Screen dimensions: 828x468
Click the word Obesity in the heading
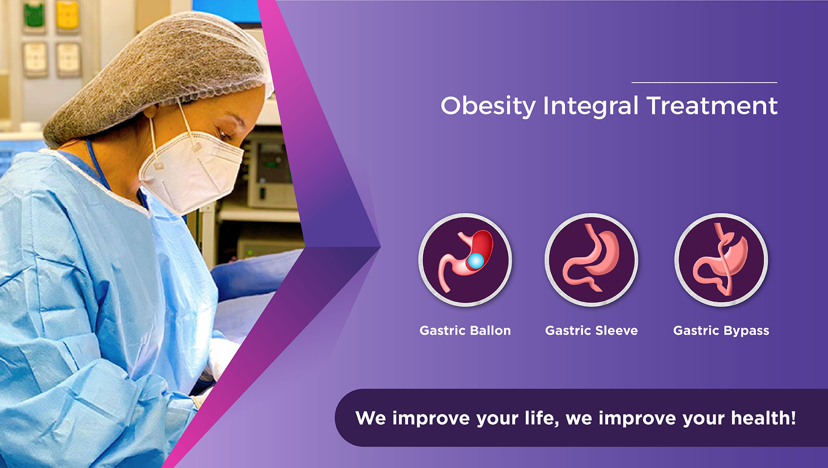tap(489, 106)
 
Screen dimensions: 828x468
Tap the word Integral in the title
tap(591, 107)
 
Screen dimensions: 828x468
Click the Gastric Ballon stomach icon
tap(465, 260)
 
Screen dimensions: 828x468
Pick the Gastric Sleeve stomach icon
tap(592, 260)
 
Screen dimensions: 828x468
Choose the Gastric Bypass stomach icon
tap(721, 260)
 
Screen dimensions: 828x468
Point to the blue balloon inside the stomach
tap(476, 261)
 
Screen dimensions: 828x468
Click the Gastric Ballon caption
tap(465, 331)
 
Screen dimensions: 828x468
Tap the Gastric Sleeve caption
tap(592, 331)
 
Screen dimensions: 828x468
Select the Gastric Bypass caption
tap(721, 331)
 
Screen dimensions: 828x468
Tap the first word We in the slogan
tap(371, 418)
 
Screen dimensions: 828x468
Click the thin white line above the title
tap(704, 82)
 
